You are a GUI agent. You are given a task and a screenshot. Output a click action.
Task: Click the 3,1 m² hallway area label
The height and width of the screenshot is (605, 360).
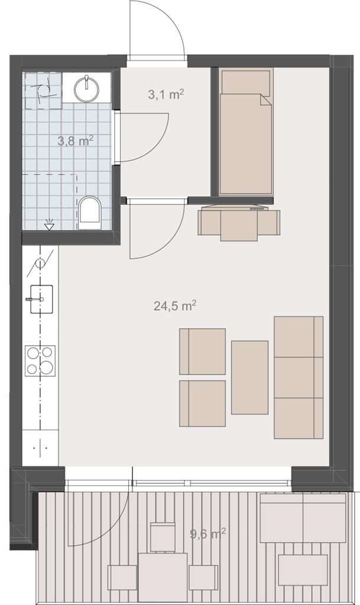click(x=166, y=94)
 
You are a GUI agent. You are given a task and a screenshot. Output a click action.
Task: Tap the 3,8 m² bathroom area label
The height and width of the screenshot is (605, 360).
click(x=75, y=141)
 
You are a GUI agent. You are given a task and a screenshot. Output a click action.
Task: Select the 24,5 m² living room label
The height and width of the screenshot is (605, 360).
click(x=175, y=306)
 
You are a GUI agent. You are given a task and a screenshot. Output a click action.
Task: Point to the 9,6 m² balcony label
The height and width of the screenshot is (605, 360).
click(x=208, y=534)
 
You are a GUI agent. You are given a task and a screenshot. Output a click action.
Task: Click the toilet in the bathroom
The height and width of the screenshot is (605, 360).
click(x=89, y=213)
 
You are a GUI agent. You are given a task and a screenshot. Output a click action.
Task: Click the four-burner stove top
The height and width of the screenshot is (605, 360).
click(x=40, y=361)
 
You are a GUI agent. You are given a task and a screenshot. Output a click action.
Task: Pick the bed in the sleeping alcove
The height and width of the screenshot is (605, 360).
click(x=246, y=132)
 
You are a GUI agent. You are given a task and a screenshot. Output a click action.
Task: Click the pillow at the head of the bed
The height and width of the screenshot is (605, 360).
click(x=246, y=82)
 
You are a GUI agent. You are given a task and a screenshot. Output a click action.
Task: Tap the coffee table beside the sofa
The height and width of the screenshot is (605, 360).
click(x=249, y=378)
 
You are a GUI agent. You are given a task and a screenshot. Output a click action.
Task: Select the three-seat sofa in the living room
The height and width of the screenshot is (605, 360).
click(x=299, y=378)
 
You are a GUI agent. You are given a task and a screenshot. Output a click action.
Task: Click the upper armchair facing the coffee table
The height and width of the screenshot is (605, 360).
click(x=203, y=351)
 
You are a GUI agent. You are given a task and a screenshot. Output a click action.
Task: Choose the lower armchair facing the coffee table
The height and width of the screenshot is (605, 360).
click(x=203, y=403)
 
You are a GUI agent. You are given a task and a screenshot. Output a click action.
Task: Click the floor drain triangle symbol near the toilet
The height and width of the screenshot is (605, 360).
click(x=49, y=225)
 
